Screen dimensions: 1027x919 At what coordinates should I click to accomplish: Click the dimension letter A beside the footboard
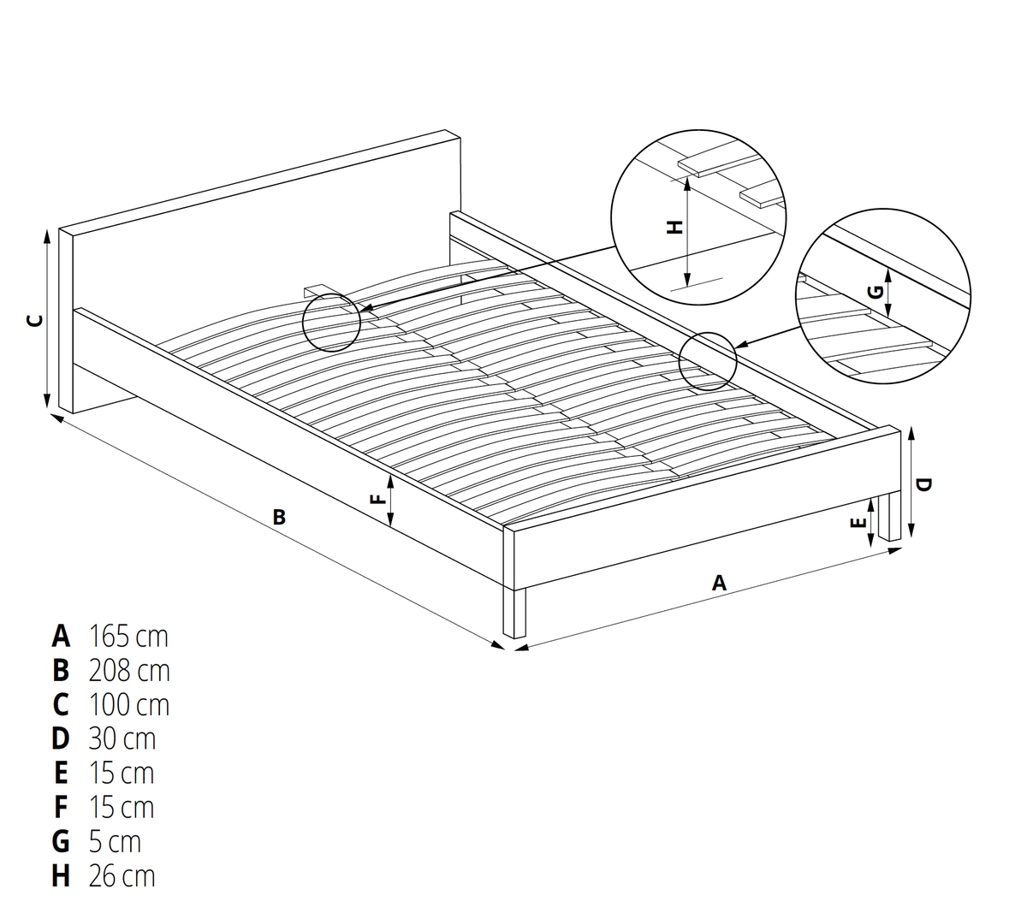pyautogui.click(x=719, y=583)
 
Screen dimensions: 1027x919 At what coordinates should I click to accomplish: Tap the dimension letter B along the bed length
pyautogui.click(x=279, y=517)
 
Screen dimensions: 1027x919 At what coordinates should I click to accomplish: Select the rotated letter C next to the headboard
pyautogui.click(x=34, y=320)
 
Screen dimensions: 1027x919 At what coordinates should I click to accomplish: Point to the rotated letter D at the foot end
pyautogui.click(x=923, y=484)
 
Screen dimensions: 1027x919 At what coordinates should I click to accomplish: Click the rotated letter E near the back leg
pyautogui.click(x=858, y=523)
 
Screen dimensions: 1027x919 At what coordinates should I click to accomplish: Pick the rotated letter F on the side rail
pyautogui.click(x=378, y=500)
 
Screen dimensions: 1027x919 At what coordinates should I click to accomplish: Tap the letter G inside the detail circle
pyautogui.click(x=876, y=292)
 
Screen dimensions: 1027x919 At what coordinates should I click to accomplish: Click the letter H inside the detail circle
pyautogui.click(x=674, y=227)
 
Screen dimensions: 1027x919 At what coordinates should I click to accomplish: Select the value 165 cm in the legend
pyautogui.click(x=128, y=636)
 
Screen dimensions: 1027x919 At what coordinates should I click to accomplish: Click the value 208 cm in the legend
pyautogui.click(x=129, y=670)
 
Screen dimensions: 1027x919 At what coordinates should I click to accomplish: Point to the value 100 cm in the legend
pyautogui.click(x=129, y=704)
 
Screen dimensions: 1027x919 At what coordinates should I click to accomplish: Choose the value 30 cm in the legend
pyautogui.click(x=122, y=738)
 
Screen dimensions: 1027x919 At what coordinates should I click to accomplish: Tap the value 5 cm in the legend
pyautogui.click(x=115, y=842)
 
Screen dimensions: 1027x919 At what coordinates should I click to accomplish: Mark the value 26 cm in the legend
pyautogui.click(x=122, y=876)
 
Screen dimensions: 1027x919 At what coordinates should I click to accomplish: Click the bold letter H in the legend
pyautogui.click(x=61, y=876)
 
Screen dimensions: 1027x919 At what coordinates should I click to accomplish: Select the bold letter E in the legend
pyautogui.click(x=60, y=773)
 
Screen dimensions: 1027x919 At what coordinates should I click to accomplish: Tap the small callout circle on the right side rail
pyautogui.click(x=707, y=361)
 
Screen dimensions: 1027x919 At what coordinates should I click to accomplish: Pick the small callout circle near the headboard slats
pyautogui.click(x=331, y=323)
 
